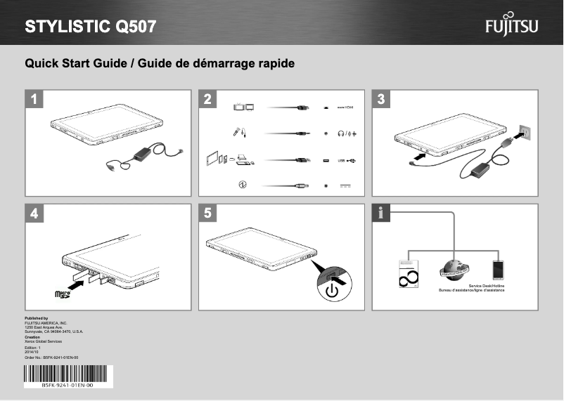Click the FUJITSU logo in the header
coord(511,27)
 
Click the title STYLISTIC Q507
coord(91,27)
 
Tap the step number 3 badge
coord(381,99)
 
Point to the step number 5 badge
coord(207,213)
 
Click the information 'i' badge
coord(381,213)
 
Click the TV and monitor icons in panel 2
coord(243,107)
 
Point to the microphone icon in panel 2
coord(239,132)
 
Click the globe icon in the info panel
coord(454,271)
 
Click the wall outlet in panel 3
coord(523,131)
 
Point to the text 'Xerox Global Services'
coord(44,341)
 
